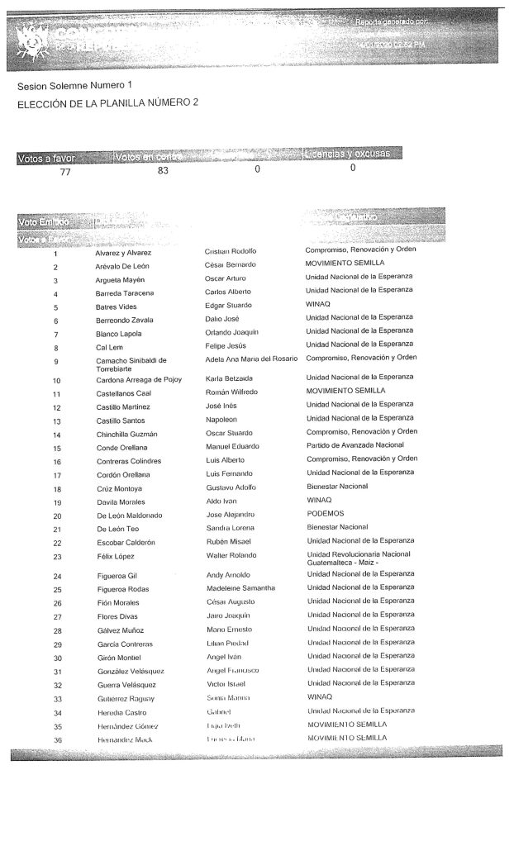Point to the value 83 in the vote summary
tap(163, 171)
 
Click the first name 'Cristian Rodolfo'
tap(231, 251)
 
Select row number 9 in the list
tap(55, 361)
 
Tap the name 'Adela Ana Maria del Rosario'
tap(254, 359)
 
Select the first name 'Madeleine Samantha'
tap(240, 588)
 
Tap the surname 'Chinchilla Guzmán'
tap(126, 434)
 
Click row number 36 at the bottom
tap(56, 738)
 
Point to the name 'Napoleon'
tap(223, 419)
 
